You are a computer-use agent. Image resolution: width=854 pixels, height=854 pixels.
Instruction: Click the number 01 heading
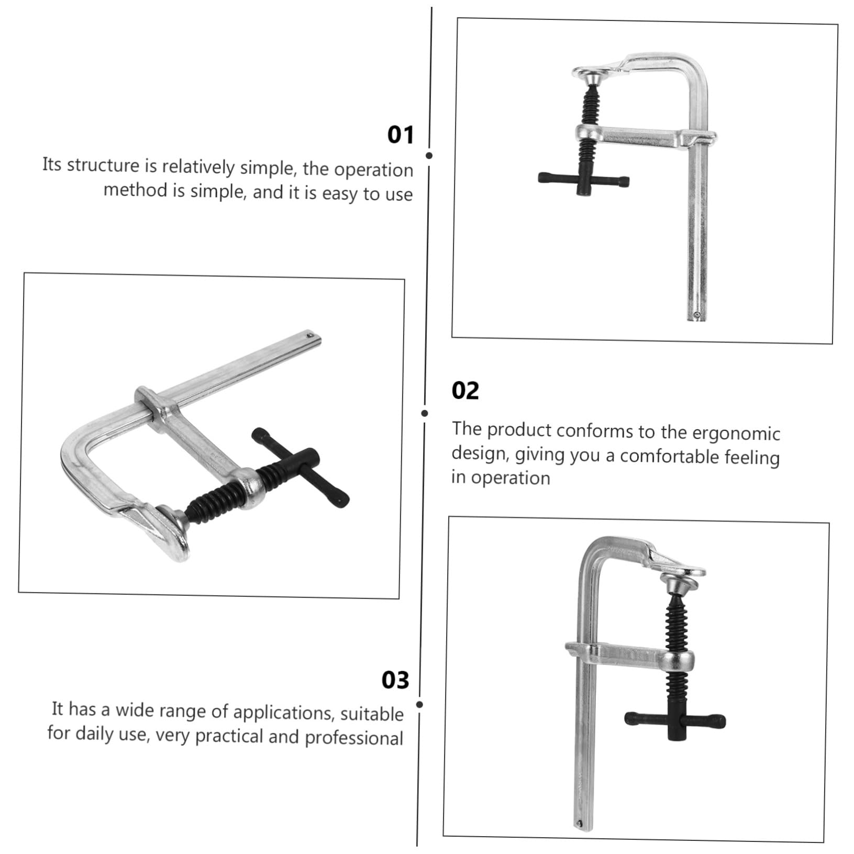[x=400, y=135]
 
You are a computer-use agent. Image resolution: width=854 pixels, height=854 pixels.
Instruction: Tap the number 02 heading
[x=465, y=391]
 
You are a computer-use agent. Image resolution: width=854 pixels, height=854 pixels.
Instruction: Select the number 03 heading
[x=395, y=680]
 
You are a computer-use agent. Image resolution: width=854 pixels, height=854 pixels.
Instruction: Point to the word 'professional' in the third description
[x=354, y=737]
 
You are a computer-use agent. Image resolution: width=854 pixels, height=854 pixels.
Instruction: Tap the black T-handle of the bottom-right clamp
[x=675, y=721]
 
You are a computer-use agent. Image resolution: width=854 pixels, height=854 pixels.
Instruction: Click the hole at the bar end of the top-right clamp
[x=696, y=315]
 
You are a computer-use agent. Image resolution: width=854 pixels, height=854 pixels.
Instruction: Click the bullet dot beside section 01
[x=429, y=156]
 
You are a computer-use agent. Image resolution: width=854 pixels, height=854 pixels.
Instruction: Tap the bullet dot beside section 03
[x=420, y=705]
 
